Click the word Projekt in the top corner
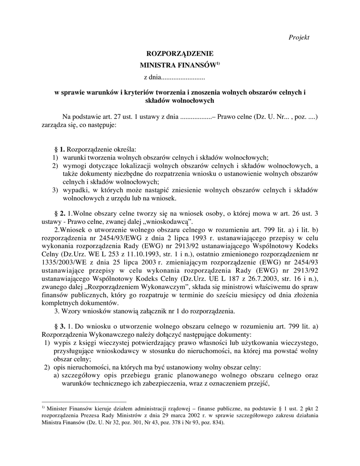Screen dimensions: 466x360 299,37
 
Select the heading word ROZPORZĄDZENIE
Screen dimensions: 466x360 180,54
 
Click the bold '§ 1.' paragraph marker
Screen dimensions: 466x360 60,149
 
